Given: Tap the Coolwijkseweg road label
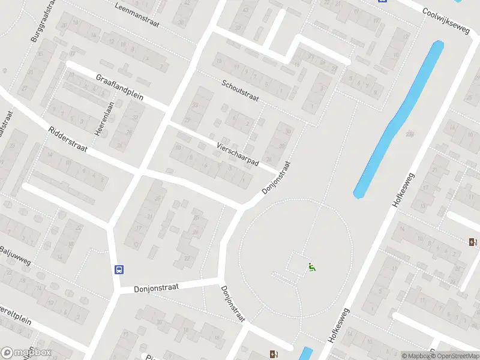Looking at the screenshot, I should click(445, 20).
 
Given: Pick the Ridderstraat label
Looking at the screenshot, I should click(68, 139).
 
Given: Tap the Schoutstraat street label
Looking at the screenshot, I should click(240, 91).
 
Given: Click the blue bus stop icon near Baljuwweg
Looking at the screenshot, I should click(119, 269).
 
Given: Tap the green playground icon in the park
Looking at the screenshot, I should click(311, 267).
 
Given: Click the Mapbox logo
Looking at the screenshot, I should click(26, 353).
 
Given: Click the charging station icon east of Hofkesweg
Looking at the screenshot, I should click(473, 242).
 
